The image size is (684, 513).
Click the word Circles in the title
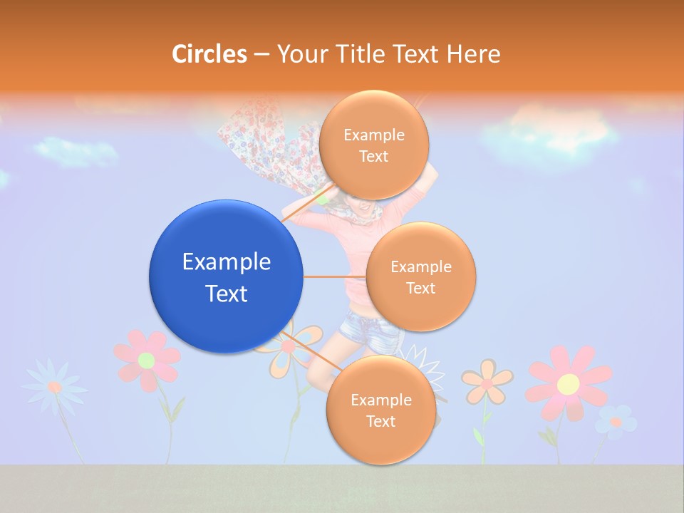pos(209,54)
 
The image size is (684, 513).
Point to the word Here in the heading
pos(474,54)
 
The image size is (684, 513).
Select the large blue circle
pos(226,276)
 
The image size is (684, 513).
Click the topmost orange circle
pos(373,145)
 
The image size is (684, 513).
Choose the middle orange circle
pos(420,276)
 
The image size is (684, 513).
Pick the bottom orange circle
pos(380,410)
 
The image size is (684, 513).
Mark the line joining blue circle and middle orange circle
pos(334,276)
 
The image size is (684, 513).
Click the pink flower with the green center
pos(147,359)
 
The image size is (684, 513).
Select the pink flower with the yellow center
pos(568,383)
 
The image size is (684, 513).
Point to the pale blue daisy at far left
pos(54,386)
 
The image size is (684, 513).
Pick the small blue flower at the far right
pos(616,421)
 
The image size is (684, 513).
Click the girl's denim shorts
pos(367,328)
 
